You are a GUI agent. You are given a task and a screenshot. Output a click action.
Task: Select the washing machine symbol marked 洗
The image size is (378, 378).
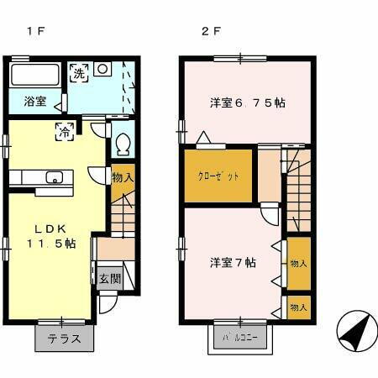click(x=78, y=73)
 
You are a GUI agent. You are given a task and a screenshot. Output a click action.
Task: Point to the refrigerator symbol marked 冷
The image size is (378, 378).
click(x=63, y=130)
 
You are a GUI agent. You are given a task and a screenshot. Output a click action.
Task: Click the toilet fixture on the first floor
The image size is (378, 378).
click(x=123, y=144)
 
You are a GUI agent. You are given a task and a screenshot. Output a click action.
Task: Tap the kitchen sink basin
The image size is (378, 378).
click(x=55, y=177)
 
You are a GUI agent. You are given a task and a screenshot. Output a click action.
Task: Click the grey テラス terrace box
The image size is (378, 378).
click(x=64, y=339)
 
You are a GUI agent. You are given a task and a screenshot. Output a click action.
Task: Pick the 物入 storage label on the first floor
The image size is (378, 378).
click(x=122, y=178)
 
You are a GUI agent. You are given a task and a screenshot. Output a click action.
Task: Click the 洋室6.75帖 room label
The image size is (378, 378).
click(x=247, y=102)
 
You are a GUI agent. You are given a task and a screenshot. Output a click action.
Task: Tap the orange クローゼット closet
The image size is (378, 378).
click(x=218, y=176)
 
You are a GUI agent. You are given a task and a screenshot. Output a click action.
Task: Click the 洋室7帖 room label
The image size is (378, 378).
click(x=233, y=261)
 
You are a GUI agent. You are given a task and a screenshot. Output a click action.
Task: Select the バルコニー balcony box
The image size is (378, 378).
click(x=240, y=339)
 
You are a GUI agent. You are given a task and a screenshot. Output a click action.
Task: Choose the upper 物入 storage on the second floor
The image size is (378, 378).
click(x=298, y=262)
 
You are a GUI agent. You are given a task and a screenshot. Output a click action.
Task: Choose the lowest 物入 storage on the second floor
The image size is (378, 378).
click(x=298, y=307)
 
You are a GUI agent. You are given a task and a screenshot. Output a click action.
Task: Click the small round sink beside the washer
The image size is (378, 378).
click(x=102, y=69)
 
